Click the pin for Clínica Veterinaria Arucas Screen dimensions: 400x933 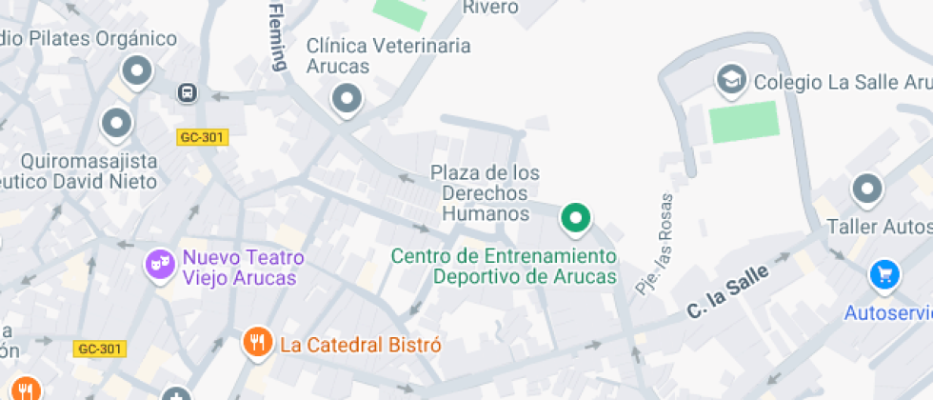click(x=347, y=97)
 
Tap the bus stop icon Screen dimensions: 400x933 click(x=188, y=92)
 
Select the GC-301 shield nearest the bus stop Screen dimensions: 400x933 click(x=202, y=137)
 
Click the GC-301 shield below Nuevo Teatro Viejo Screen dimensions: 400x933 click(x=99, y=349)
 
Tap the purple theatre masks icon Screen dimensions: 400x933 click(x=159, y=265)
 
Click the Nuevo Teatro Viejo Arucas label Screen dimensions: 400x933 click(x=243, y=268)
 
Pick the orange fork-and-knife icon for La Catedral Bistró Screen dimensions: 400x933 click(x=257, y=343)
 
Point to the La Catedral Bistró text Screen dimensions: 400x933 click(x=360, y=345)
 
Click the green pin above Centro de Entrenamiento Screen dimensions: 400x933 click(x=575, y=218)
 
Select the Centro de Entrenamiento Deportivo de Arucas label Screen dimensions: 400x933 click(x=505, y=267)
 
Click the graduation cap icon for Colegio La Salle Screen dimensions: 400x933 click(x=731, y=81)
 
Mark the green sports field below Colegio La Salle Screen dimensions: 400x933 click(x=744, y=122)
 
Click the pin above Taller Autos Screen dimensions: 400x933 click(x=866, y=190)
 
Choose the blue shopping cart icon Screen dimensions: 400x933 click(x=884, y=276)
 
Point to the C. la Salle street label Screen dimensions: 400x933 click(x=726, y=295)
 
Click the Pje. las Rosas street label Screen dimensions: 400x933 click(x=655, y=244)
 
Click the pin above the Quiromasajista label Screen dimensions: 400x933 click(x=117, y=122)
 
